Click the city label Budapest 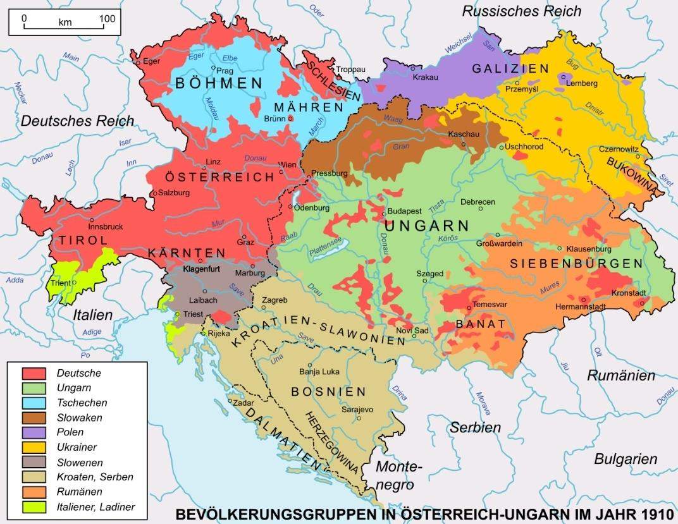click(x=405, y=210)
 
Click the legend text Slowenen click(x=80, y=462)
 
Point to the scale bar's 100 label click(x=107, y=19)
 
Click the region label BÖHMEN click(x=219, y=83)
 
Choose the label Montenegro click(x=398, y=476)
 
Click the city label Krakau click(x=425, y=76)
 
